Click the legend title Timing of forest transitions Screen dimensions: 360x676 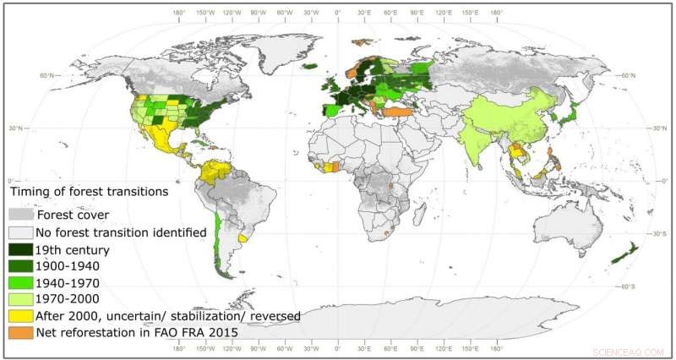pos(88,193)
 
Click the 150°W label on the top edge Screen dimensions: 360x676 pos(204,13)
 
